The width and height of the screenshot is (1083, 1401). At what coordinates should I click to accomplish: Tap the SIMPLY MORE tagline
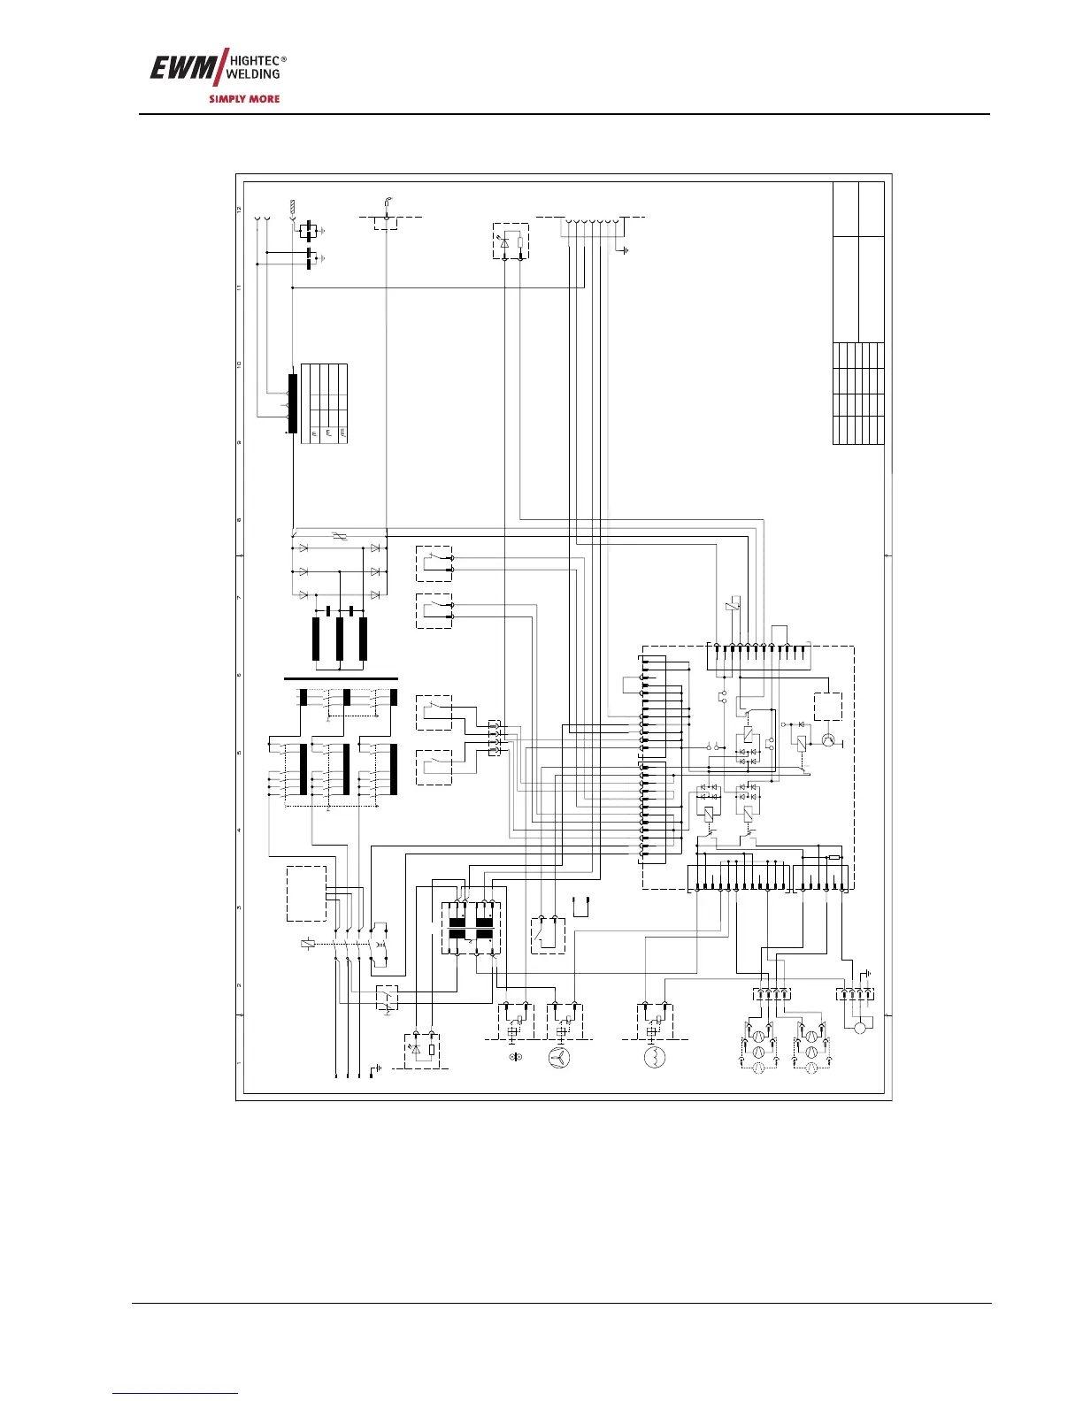(x=243, y=99)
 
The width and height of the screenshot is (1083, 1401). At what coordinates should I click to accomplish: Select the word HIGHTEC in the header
(x=254, y=60)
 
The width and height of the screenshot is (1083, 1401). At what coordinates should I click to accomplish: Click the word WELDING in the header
(x=254, y=74)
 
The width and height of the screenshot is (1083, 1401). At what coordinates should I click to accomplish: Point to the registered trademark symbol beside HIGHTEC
(x=283, y=59)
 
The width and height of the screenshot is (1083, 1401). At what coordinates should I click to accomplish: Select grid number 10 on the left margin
(x=239, y=364)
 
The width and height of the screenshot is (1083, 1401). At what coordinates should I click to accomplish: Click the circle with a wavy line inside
(x=654, y=1056)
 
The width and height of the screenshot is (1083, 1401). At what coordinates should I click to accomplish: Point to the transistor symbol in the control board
(x=829, y=739)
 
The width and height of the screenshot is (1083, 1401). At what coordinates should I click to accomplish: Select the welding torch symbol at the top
(x=388, y=203)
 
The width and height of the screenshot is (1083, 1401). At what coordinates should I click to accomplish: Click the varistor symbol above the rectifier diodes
(x=334, y=537)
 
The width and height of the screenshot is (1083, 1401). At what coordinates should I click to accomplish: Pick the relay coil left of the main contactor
(x=307, y=944)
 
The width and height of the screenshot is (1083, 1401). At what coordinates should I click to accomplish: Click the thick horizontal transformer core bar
(x=341, y=678)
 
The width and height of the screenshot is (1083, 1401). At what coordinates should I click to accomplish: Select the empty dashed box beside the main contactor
(x=306, y=893)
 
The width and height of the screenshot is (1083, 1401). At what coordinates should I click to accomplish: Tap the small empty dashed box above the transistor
(x=827, y=707)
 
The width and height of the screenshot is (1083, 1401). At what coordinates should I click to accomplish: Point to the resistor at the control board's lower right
(x=833, y=857)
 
